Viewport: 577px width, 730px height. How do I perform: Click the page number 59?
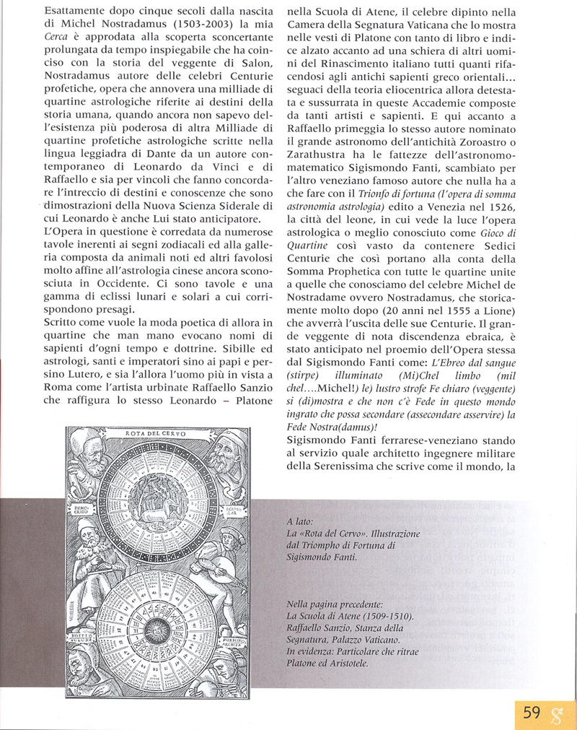532,713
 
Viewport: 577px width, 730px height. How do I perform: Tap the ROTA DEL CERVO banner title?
155,433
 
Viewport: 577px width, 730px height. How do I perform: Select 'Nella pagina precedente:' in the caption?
335,603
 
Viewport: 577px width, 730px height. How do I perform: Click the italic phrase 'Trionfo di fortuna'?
388,191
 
